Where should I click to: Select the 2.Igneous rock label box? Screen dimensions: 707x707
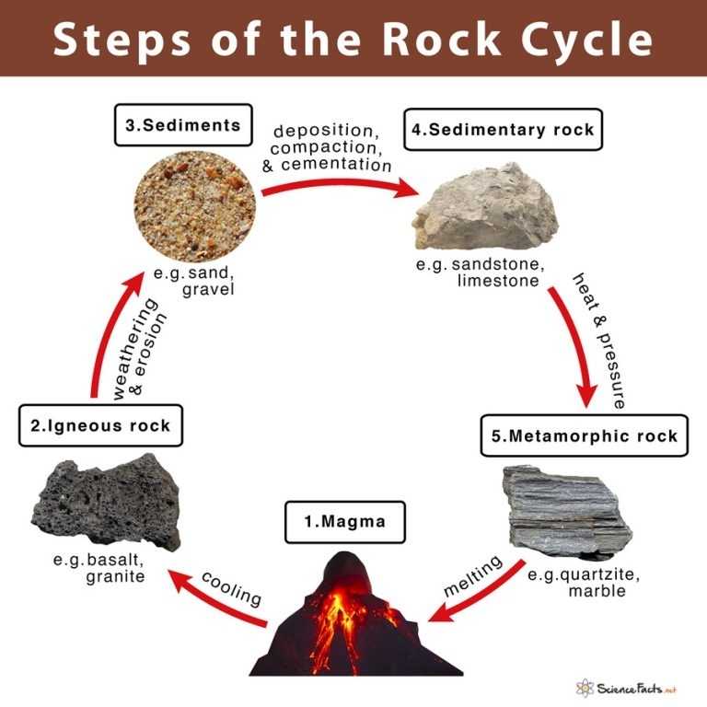click(99, 425)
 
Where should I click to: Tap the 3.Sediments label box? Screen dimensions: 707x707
click(183, 125)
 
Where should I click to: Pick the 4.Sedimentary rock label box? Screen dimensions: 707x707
click(504, 129)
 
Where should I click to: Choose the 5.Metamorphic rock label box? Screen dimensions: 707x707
click(584, 435)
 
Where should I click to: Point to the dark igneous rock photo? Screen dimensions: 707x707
click(106, 501)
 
